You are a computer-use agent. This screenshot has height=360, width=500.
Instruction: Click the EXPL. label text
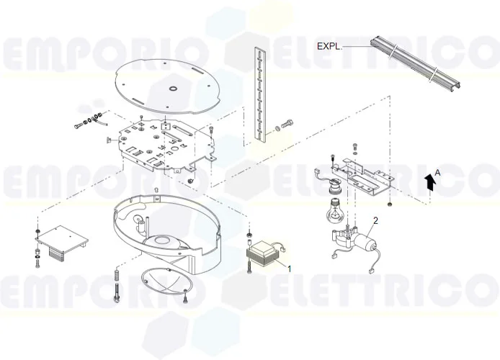329,46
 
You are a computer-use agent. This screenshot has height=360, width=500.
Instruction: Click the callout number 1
290,269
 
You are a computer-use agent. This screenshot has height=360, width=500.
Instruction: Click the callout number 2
375,220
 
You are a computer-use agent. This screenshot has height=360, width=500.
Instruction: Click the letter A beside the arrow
438,173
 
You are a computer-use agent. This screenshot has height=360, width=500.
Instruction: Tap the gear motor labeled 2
354,239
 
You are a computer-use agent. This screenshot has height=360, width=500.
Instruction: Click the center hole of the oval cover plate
174,88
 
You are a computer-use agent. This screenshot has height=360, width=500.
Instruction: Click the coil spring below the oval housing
117,274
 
